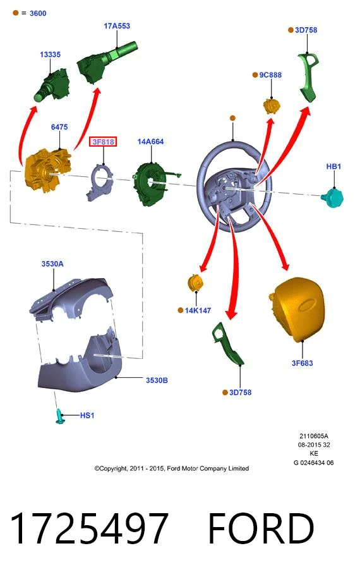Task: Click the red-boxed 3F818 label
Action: [x=103, y=142]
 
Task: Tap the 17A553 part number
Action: [x=117, y=26]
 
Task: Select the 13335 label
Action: [x=50, y=54]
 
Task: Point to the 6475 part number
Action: [x=59, y=127]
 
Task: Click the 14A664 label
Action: [x=150, y=142]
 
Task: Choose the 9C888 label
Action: [x=270, y=75]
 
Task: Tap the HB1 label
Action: [x=333, y=166]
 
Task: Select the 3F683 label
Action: [x=303, y=363]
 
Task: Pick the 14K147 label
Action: [x=198, y=310]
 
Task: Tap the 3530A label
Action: [x=52, y=264]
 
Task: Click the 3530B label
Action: [x=157, y=380]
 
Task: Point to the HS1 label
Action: [x=87, y=415]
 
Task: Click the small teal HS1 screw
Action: [x=60, y=416]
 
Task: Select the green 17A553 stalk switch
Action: [x=107, y=62]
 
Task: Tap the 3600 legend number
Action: [x=38, y=13]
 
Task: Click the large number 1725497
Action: [x=89, y=528]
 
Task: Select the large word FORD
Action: [x=261, y=528]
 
